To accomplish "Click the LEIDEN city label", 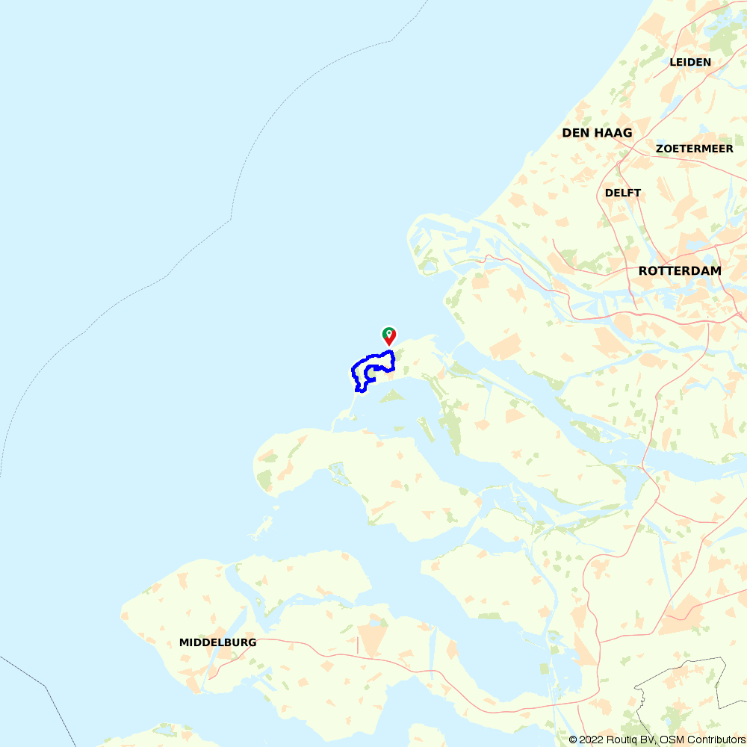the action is coord(690,62).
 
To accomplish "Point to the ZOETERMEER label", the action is coord(694,149).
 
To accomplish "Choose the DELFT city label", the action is coord(623,193).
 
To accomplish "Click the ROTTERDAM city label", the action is coord(680,270).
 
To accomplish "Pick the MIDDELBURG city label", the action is coord(217,642).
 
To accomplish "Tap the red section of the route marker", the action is coord(392,336).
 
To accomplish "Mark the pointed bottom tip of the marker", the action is coord(389,345).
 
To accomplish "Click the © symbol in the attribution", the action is coord(573,740).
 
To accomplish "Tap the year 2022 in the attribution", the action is coord(590,740).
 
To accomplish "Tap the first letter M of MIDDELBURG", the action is coord(184,642).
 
